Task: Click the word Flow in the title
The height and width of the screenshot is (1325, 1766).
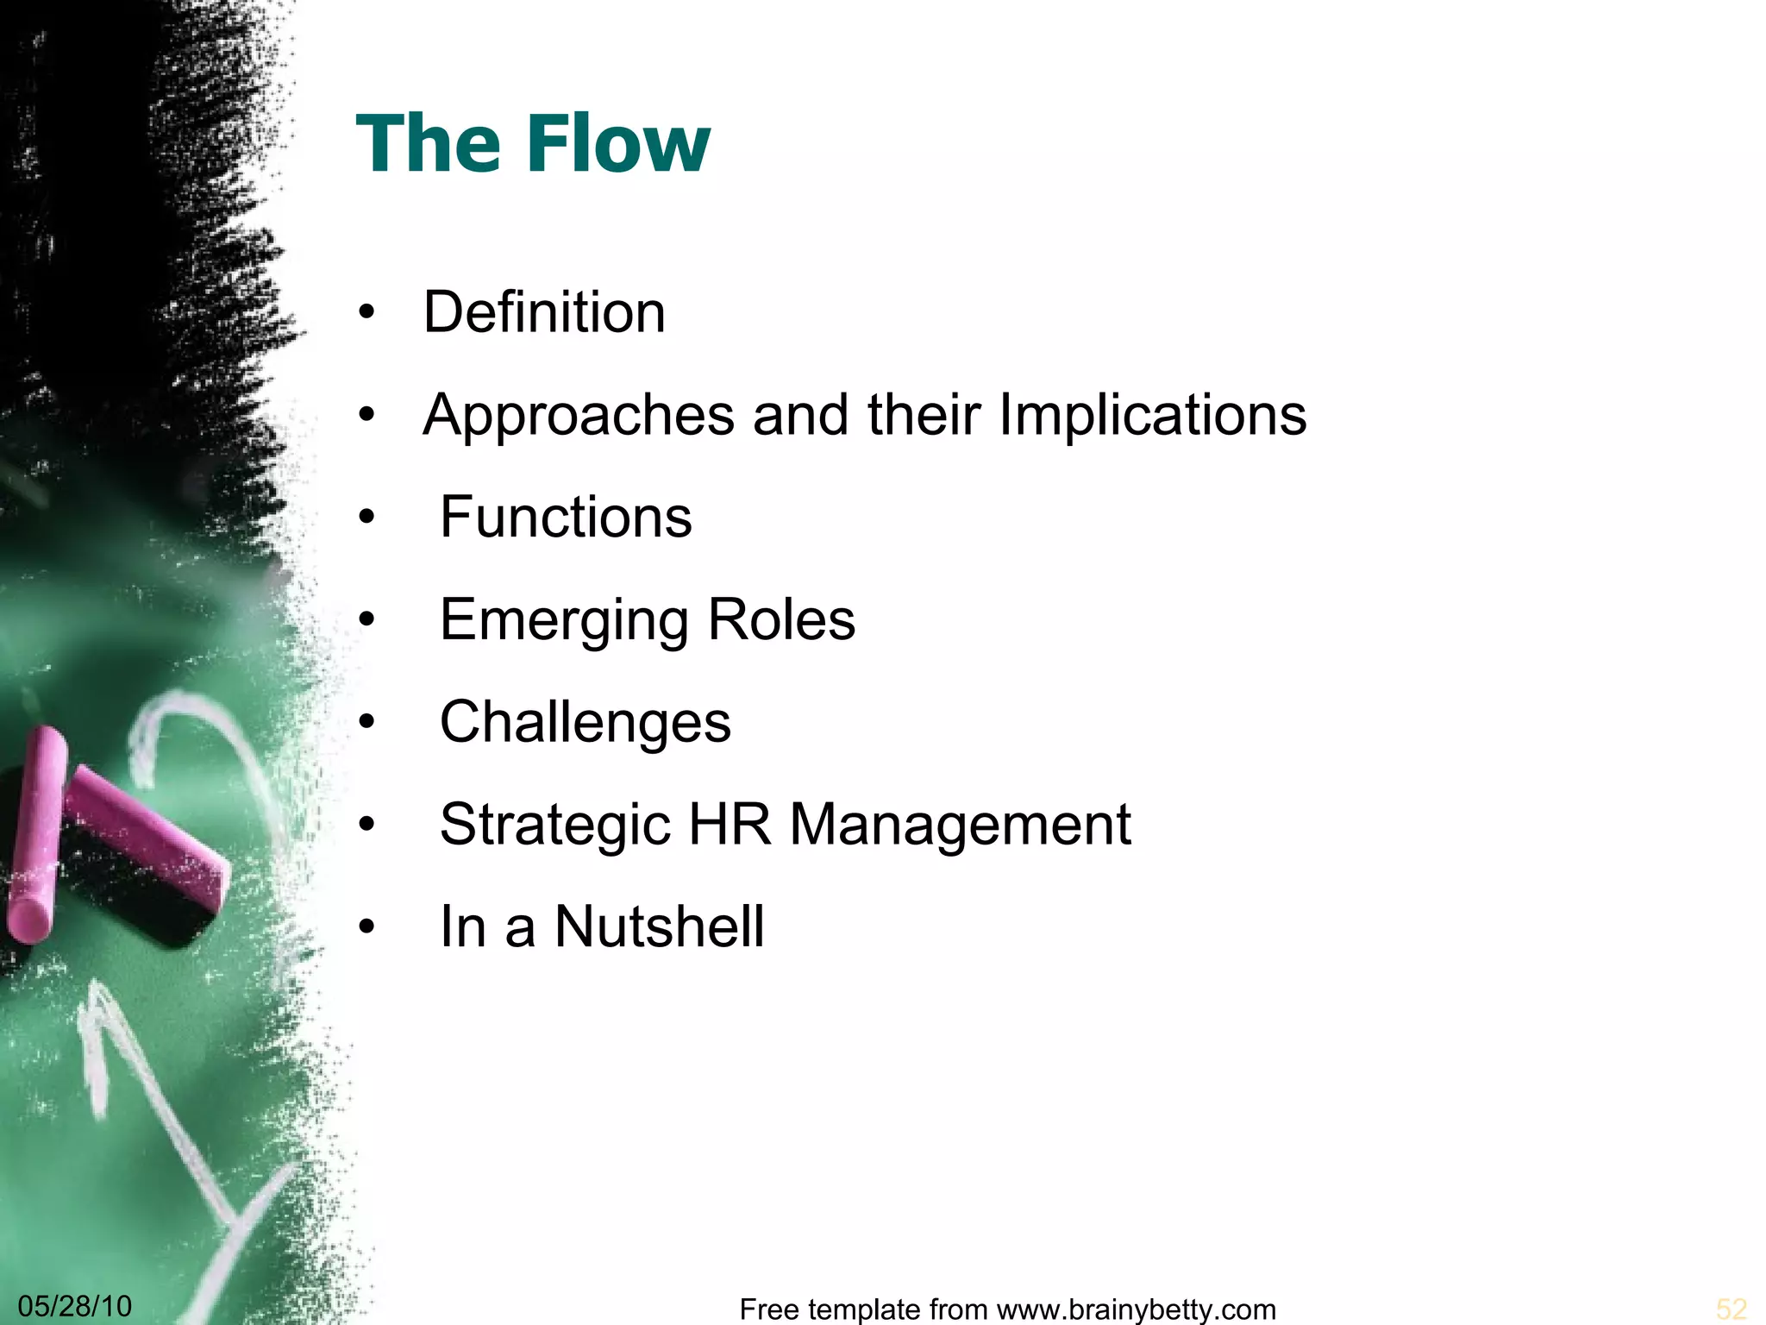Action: [617, 143]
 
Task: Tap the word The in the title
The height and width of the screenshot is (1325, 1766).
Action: [429, 143]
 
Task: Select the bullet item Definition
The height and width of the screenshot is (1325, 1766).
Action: [544, 312]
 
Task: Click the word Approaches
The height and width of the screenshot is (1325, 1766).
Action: [579, 416]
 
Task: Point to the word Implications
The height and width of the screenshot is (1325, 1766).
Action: [1152, 416]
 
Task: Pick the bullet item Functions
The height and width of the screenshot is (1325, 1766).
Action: [566, 518]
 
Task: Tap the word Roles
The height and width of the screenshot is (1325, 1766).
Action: [781, 619]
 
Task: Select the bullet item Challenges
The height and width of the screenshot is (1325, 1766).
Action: [585, 722]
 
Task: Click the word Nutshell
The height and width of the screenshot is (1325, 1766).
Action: [659, 927]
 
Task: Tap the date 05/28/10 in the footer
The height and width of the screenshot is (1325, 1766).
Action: [75, 1306]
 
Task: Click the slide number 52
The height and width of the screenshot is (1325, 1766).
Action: [1731, 1309]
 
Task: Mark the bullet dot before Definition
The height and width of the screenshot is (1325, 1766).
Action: [367, 314]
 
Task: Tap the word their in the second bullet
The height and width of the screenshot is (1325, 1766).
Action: [924, 416]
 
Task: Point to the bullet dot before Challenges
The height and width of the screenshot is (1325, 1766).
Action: [367, 723]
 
